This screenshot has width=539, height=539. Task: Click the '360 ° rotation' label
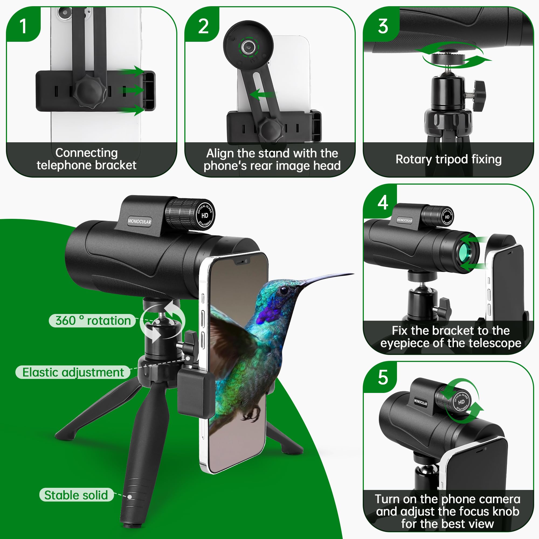(93, 320)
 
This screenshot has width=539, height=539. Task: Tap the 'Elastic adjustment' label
(73, 372)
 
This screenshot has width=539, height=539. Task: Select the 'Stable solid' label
(76, 495)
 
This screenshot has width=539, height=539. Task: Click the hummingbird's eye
(284, 291)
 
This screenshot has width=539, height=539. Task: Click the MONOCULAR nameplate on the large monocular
(140, 222)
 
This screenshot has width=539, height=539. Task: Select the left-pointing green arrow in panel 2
(261, 94)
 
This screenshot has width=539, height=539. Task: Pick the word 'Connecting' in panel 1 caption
(87, 153)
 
